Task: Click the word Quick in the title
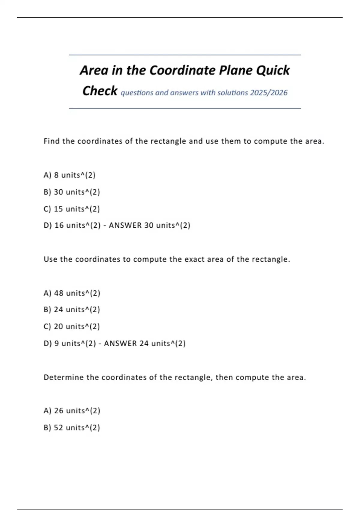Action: click(x=273, y=70)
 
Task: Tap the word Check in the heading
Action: click(x=100, y=91)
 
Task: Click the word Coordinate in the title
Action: click(x=182, y=70)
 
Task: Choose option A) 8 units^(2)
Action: click(x=70, y=175)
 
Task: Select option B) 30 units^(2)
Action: click(x=72, y=192)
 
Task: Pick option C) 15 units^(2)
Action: click(x=72, y=209)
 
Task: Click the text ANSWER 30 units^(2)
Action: click(x=149, y=225)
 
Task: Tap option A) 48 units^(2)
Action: click(x=72, y=293)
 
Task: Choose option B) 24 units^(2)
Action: click(x=72, y=310)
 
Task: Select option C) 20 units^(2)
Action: click(x=72, y=326)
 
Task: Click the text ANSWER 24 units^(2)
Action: click(x=145, y=343)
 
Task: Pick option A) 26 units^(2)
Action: click(x=72, y=411)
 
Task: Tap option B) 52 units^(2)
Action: click(x=72, y=427)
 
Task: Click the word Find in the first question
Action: click(x=52, y=141)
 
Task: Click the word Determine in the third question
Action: click(x=63, y=377)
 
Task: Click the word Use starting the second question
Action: click(x=50, y=259)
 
